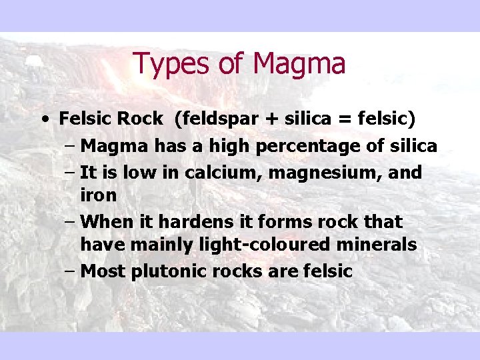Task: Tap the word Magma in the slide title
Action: coord(299,65)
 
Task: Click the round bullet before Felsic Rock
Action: coord(44,120)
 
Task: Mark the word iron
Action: coord(99,195)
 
